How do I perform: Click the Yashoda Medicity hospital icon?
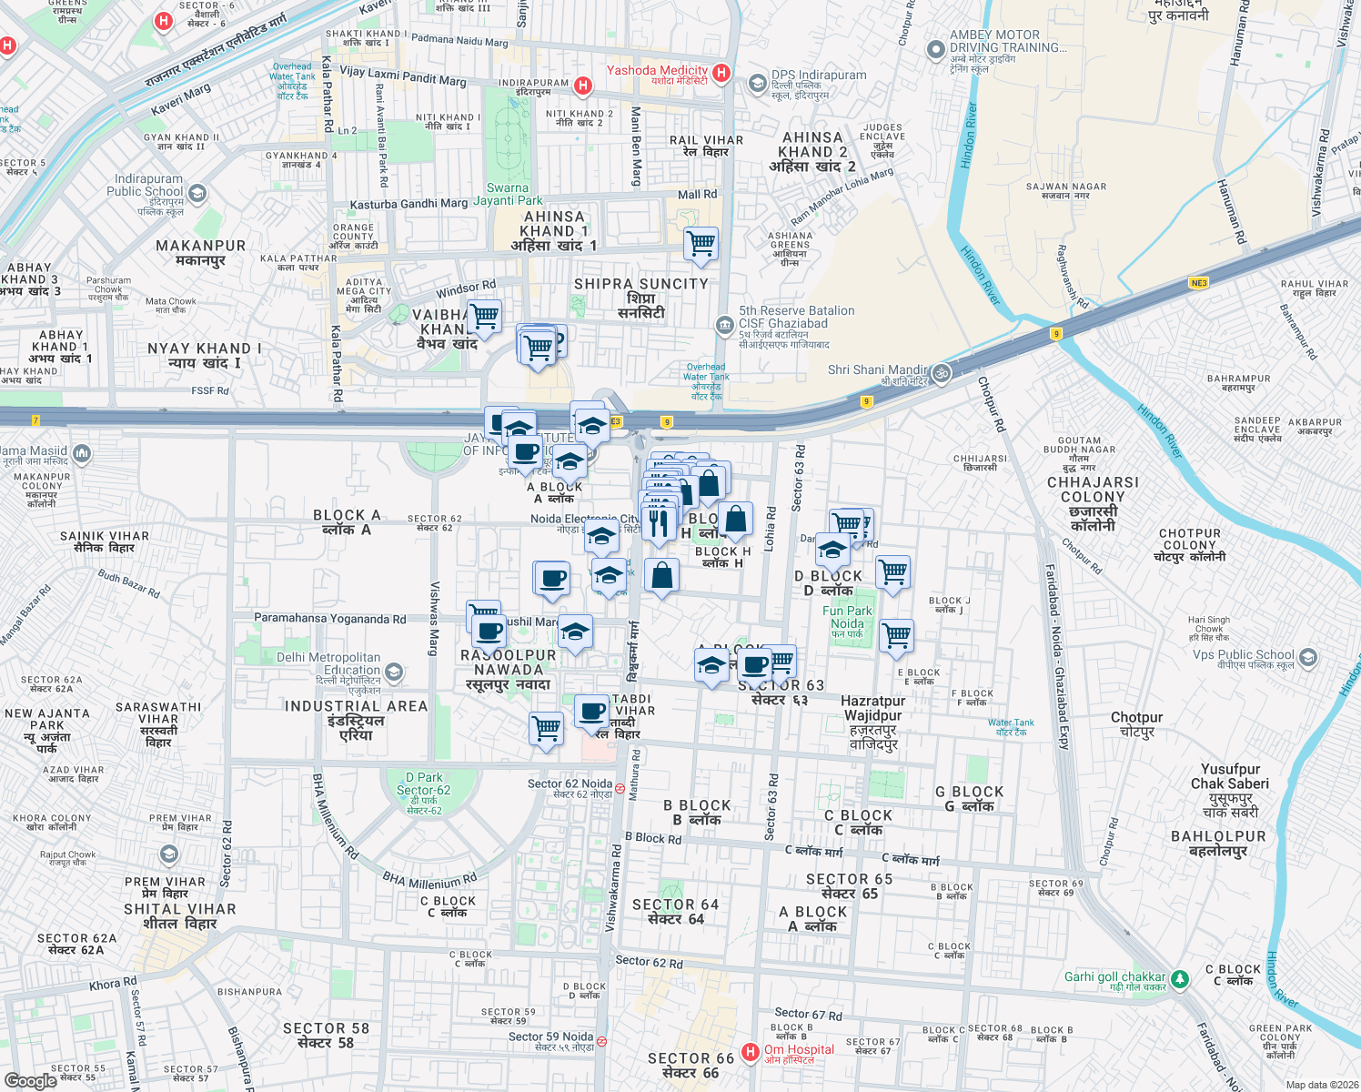(x=721, y=73)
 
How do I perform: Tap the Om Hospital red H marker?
(x=751, y=1053)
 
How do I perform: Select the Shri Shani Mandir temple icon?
(x=942, y=373)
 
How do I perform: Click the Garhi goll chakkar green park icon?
(x=1180, y=979)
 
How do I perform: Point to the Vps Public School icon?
(x=1308, y=656)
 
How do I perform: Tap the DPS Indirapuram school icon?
(x=757, y=84)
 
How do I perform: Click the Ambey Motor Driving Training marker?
(x=935, y=50)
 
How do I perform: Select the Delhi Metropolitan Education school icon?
(x=394, y=672)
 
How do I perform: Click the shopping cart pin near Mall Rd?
(x=701, y=244)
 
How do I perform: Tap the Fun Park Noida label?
(x=847, y=618)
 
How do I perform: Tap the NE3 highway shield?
(x=1199, y=283)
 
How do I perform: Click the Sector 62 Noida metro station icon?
(x=620, y=788)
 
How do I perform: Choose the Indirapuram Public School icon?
(x=197, y=193)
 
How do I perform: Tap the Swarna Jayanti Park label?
(x=508, y=194)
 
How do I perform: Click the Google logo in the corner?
(x=31, y=1080)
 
